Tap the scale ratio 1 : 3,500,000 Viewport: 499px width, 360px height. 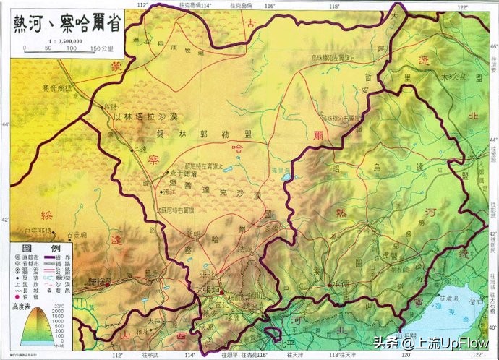[x=64, y=43]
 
